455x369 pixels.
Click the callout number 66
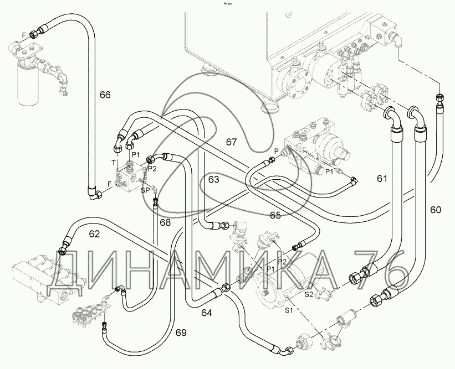click(x=105, y=95)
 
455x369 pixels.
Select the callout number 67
click(x=231, y=142)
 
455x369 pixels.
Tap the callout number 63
click(x=213, y=179)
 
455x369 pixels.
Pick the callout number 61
click(x=382, y=179)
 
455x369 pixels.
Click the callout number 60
click(x=436, y=210)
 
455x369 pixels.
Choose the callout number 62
click(x=94, y=234)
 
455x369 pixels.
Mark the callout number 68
click(x=165, y=222)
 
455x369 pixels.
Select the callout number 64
click(x=207, y=314)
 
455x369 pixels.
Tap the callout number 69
click(x=181, y=332)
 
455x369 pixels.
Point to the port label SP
click(x=145, y=190)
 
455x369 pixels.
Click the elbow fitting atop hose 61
click(x=392, y=117)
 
